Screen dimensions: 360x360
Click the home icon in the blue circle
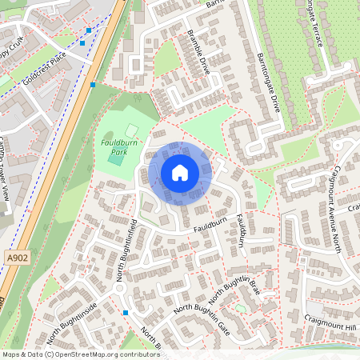(180, 173)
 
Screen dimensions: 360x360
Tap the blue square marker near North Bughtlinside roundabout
(126, 312)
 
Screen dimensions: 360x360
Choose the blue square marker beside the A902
(94, 84)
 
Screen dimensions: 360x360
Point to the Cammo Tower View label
(15, 176)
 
